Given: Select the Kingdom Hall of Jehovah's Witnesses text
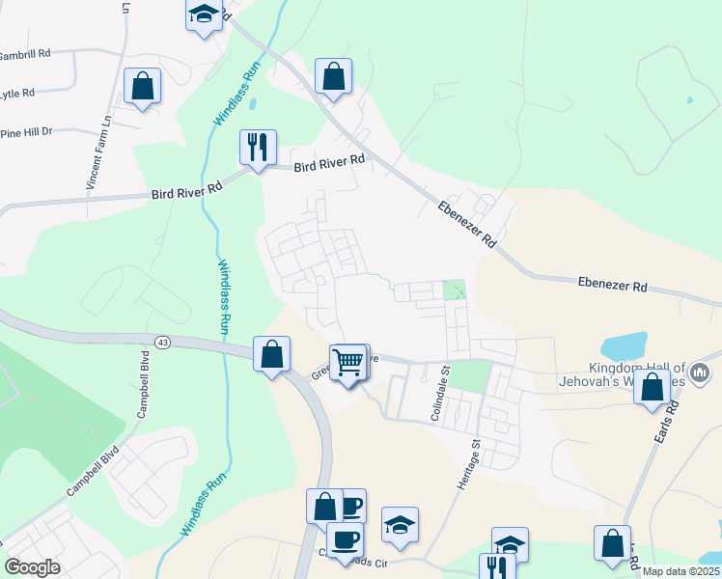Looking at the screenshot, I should [637, 374].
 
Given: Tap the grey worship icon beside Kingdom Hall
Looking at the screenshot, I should [702, 372].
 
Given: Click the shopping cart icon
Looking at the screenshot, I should [347, 362].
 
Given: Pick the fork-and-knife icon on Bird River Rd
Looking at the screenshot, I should [258, 148].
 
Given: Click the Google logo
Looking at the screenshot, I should [32, 567].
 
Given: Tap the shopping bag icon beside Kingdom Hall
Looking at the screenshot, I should [653, 387].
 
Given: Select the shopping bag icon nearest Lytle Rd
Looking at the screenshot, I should [142, 86].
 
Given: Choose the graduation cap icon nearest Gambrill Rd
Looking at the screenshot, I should [203, 14].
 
